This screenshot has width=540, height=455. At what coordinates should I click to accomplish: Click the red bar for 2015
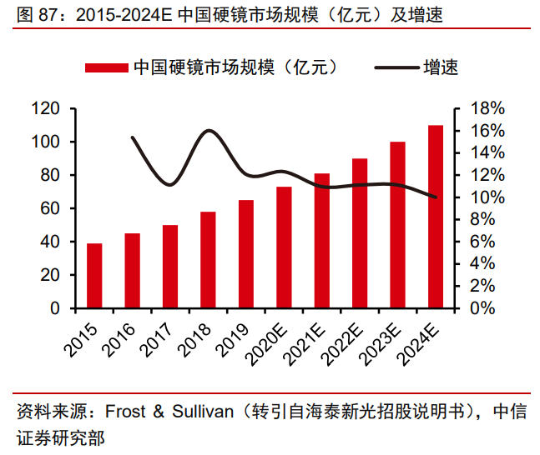[94, 276]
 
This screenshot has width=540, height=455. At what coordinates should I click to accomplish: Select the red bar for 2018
[208, 260]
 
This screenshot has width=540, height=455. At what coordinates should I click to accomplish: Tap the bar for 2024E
[436, 217]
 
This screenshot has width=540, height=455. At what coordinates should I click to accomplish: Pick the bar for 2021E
[322, 241]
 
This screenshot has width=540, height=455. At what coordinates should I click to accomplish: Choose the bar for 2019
[246, 254]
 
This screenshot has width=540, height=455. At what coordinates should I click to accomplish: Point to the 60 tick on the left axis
[49, 208]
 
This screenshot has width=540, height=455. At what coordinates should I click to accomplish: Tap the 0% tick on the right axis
[484, 308]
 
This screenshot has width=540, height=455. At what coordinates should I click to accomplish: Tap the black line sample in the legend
[396, 68]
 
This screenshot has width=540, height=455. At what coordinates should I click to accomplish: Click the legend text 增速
[442, 68]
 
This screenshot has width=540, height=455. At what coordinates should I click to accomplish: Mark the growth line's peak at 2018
[209, 130]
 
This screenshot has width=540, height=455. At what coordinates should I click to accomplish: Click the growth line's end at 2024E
[436, 197]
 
